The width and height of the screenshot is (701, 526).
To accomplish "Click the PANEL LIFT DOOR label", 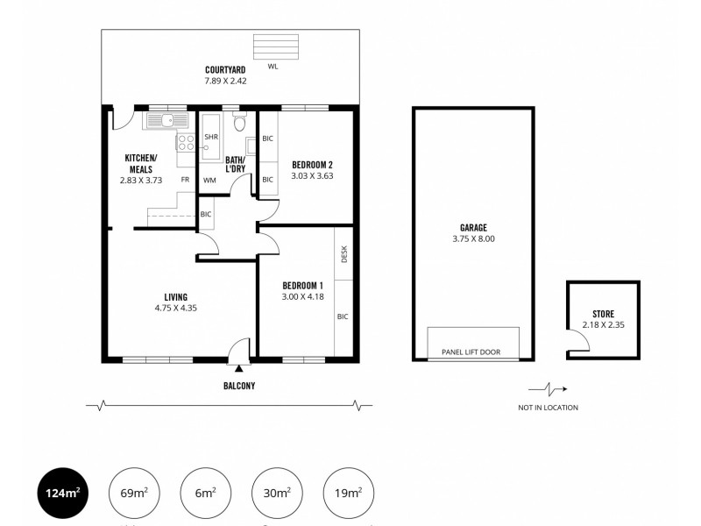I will (472, 352).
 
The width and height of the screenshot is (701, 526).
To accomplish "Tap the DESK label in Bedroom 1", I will (344, 254).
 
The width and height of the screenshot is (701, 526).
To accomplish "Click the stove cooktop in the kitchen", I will (186, 143).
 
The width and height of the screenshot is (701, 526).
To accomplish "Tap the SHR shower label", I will (210, 138).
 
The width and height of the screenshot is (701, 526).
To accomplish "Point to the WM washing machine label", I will (209, 180).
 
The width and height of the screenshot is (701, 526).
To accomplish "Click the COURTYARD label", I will (225, 69).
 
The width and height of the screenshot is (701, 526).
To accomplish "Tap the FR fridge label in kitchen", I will (185, 180).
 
